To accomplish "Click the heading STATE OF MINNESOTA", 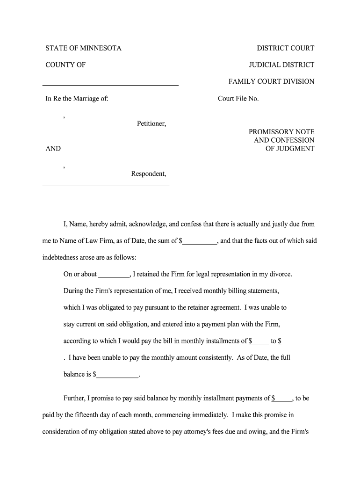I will click(x=83, y=48).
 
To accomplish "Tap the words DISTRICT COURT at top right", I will click(x=285, y=48).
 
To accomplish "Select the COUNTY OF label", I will click(x=65, y=65).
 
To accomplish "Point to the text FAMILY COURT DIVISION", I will click(x=271, y=81).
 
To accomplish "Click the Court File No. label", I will click(x=238, y=99).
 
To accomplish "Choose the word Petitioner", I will click(x=151, y=124).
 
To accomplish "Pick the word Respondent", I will click(x=148, y=174).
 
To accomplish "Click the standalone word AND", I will click(x=53, y=149).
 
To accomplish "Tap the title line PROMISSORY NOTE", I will click(x=281, y=132).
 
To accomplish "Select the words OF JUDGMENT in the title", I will click(x=290, y=149).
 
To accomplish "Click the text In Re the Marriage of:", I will click(x=77, y=99).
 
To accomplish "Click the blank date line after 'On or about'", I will click(x=114, y=275).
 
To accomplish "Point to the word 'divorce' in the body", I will click(x=281, y=274).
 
